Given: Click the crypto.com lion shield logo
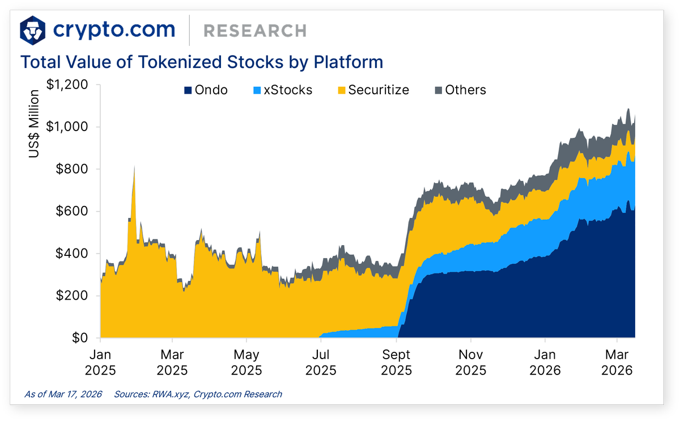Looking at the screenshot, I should pos(33,30).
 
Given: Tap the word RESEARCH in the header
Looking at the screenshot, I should pos(254,31).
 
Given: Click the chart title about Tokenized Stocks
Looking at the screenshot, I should pos(202,61).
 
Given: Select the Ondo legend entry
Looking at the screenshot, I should pos(206,90).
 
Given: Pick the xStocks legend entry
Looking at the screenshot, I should pos(283,90).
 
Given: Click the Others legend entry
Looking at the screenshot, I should pos(460,90).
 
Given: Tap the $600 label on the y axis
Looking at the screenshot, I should pos(73,211).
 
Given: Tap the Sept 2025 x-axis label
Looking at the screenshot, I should pos(397,363).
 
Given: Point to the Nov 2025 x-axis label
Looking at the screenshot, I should pos(471,363).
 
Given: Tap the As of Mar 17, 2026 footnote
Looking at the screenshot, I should pos(63,394).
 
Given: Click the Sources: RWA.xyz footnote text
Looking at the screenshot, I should pos(198,394).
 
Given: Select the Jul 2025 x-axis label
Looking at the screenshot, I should pos(321,363).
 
